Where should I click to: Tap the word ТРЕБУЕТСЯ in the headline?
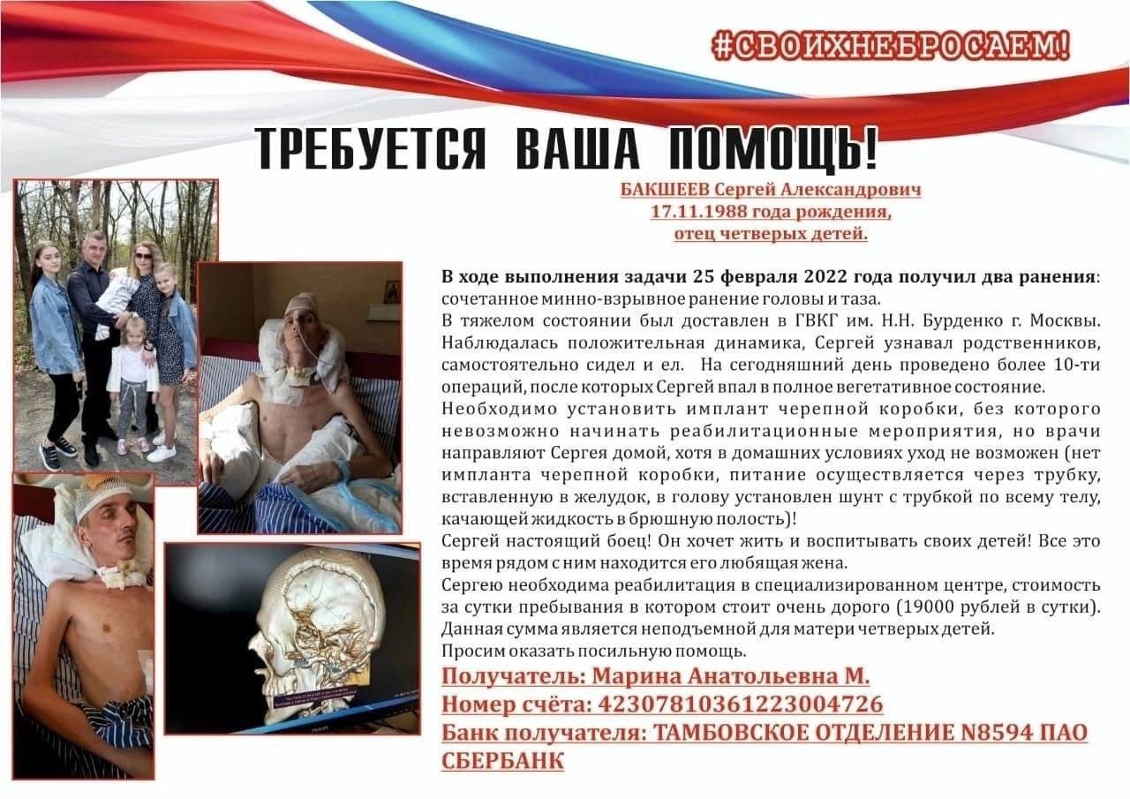pyautogui.click(x=371, y=149)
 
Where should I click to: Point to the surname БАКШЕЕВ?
pyautogui.click(x=664, y=190)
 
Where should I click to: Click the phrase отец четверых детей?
pyautogui.click(x=771, y=234)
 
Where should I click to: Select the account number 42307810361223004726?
pyautogui.click(x=740, y=705)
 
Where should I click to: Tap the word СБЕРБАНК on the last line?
pyautogui.click(x=502, y=760)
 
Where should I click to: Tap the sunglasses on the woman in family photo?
pyautogui.click(x=143, y=256)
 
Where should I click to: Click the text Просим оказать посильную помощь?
pyautogui.click(x=594, y=652)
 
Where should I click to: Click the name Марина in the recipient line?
pyautogui.click(x=628, y=677)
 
